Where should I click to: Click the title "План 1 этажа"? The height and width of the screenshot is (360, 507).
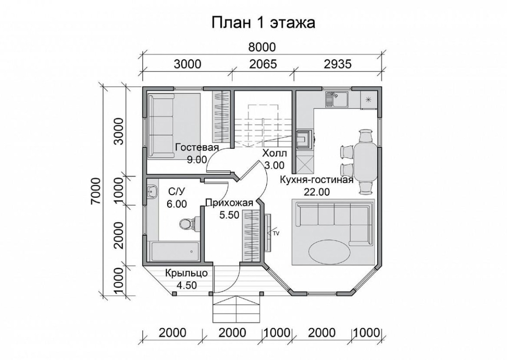coord(263,23)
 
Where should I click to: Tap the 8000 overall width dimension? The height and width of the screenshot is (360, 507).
coord(262,47)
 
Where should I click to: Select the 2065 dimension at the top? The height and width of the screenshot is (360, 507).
coord(263,64)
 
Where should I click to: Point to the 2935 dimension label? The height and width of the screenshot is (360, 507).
coord(337,64)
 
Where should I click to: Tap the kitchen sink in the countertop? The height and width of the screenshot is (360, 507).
coord(337,99)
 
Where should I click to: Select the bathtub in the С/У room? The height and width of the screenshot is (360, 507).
coord(174,251)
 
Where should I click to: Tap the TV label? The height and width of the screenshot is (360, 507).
coord(275,232)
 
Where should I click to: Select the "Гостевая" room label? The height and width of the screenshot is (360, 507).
coord(197,147)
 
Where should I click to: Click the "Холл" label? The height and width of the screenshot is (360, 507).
coord(274,153)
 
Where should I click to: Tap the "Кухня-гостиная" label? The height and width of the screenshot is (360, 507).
coord(316,180)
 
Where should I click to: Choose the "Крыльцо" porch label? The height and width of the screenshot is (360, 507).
coord(187,273)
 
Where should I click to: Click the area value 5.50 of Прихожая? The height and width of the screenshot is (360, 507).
coord(229,214)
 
